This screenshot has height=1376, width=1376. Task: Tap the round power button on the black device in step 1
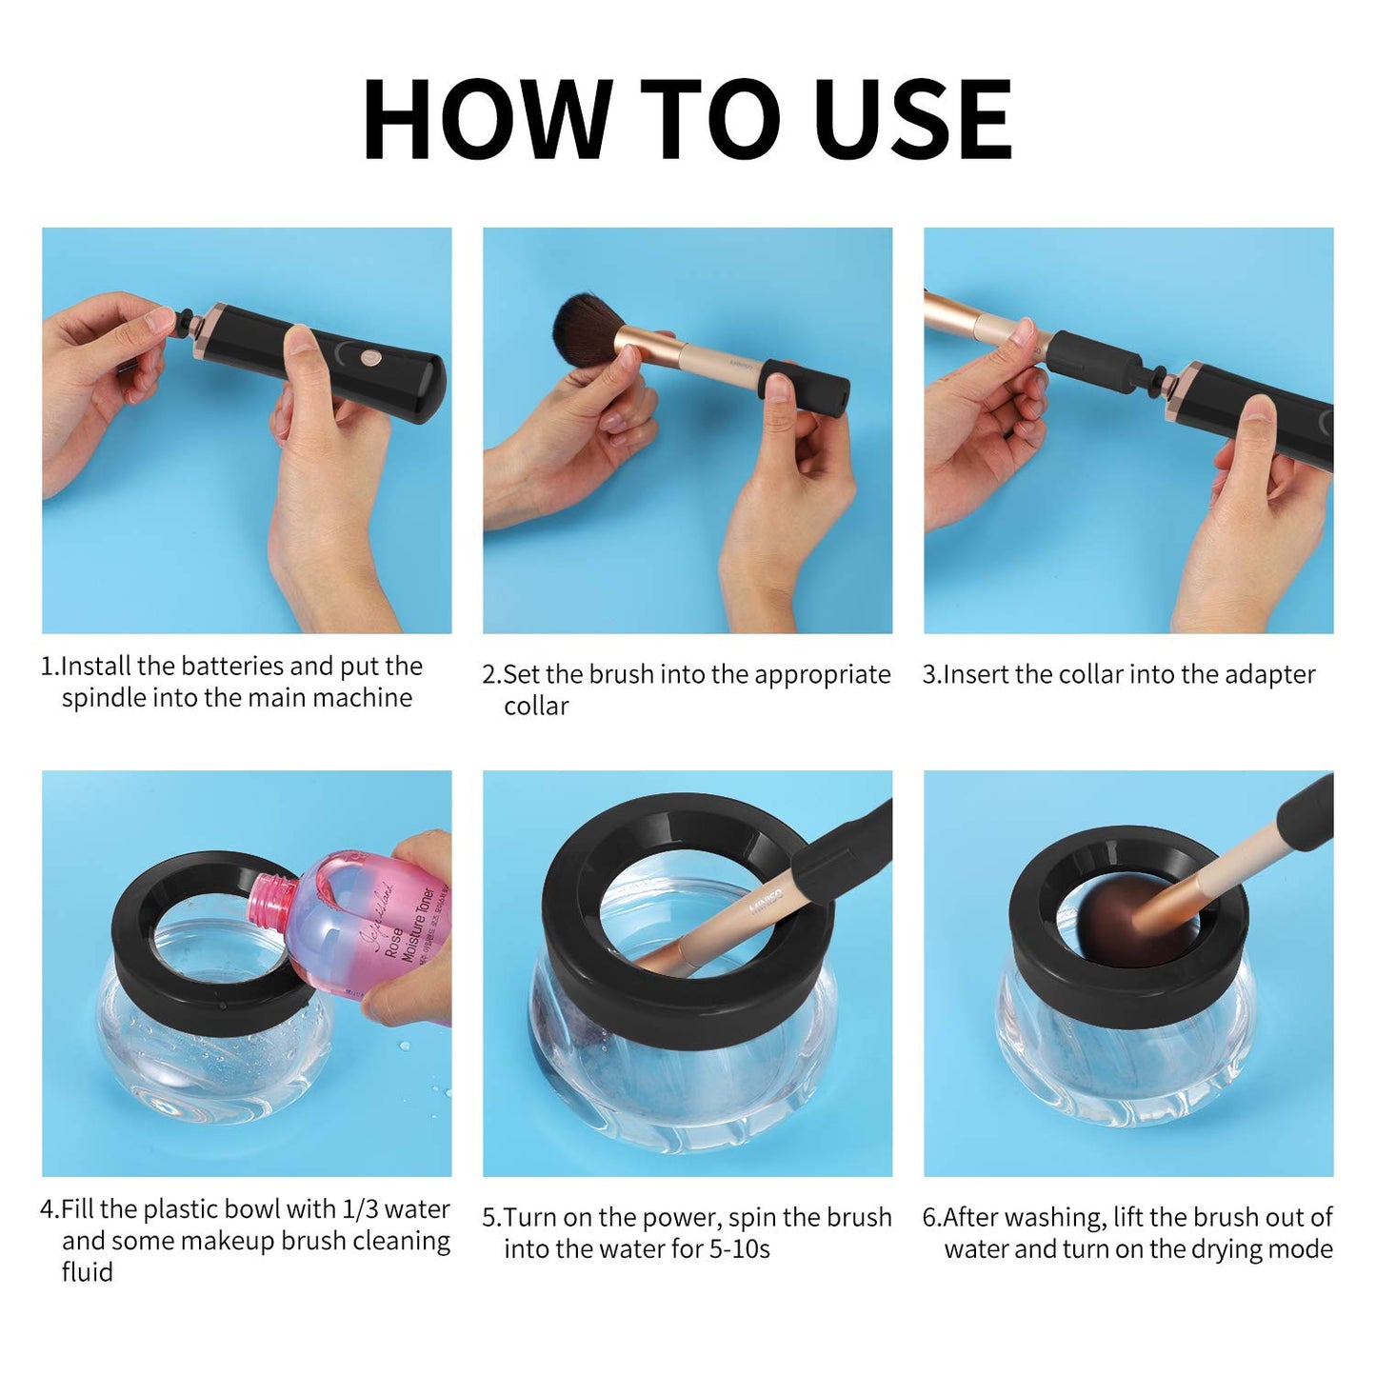pyautogui.click(x=369, y=358)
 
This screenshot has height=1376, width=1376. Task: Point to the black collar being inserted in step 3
pyautogui.click(x=1095, y=361)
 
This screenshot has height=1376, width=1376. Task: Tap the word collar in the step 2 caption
pyautogui.click(x=536, y=707)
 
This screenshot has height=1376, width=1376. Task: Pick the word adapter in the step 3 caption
pyautogui.click(x=1270, y=674)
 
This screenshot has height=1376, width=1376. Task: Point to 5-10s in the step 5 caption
pyautogui.click(x=739, y=1249)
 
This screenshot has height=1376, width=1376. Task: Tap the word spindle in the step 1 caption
pyautogui.click(x=104, y=698)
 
